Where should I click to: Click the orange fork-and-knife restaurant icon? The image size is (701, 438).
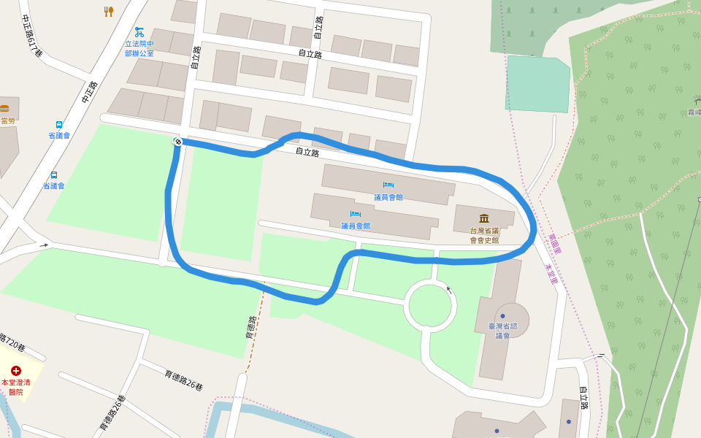tap(109, 11)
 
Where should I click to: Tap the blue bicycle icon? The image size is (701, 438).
tap(139, 32)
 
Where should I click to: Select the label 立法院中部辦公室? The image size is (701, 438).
tap(139, 48)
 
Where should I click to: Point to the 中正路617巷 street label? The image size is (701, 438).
tap(32, 36)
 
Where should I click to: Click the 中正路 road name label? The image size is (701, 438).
tap(89, 91)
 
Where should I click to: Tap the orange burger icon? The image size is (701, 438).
tap(4, 109)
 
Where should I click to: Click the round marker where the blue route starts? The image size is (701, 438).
tap(177, 141)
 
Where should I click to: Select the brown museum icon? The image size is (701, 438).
tap(484, 218)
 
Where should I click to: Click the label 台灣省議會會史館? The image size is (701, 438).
tap(484, 235)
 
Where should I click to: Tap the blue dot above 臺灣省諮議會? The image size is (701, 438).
tap(502, 316)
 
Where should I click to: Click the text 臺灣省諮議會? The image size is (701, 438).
tap(502, 331)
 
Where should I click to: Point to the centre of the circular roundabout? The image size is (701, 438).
tap(430, 305)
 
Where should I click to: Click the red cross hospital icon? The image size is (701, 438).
tap(16, 371)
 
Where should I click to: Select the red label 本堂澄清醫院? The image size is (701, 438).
tap(16, 387)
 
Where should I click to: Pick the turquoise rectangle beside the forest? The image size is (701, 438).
tap(537, 84)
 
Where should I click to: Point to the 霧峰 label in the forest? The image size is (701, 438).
tap(694, 112)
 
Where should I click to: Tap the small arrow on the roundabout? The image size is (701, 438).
tap(448, 290)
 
